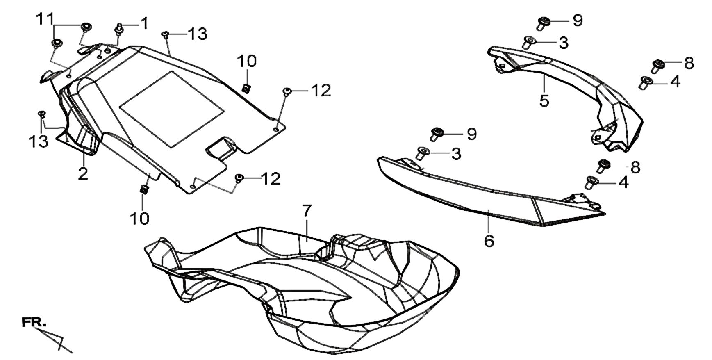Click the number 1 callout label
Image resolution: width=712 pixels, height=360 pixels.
point(144,24)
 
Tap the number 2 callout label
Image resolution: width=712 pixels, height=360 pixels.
point(83,174)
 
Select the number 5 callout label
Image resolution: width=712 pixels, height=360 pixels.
point(544,101)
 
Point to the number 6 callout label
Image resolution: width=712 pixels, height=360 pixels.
point(489,240)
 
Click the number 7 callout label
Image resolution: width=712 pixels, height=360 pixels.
point(307,212)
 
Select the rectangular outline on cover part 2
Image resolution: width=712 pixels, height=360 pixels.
point(172,109)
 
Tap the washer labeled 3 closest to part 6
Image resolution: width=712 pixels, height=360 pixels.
point(422,153)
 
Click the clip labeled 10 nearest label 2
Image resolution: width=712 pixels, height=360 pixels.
point(144,189)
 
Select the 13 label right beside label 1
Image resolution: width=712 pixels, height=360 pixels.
point(197,34)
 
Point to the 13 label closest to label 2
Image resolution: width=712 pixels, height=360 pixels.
point(39,141)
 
